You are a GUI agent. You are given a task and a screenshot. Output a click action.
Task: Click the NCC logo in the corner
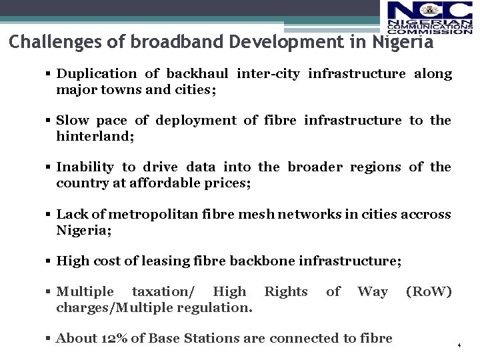coord(429,17)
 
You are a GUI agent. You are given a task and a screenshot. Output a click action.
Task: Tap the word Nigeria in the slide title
coord(403,42)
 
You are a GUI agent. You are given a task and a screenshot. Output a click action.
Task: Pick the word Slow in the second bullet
coord(72,121)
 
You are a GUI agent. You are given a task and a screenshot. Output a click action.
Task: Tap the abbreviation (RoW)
coord(429,292)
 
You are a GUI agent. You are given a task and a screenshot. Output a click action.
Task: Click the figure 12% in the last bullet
coord(111,339)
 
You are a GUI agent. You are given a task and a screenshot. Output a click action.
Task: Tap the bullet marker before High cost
coord(49,261)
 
